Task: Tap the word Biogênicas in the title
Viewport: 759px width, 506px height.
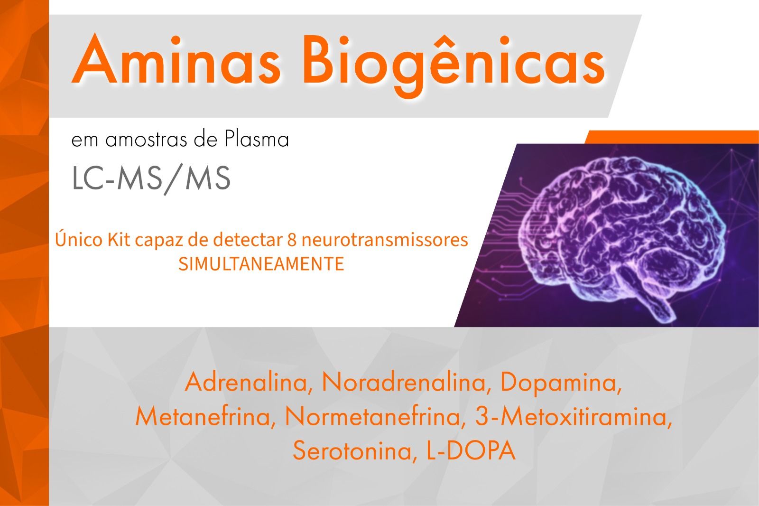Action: tap(454, 65)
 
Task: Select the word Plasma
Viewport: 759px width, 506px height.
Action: tap(257, 139)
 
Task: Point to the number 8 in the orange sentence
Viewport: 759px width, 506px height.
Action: tap(292, 240)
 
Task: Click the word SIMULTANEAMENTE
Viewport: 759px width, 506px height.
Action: tap(261, 264)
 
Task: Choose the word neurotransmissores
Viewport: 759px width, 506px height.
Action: tap(385, 240)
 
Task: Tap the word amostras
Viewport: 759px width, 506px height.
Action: tap(146, 140)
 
